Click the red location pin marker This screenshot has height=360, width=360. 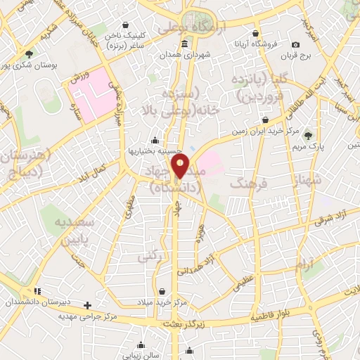(x=181, y=166)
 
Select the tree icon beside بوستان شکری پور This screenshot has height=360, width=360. (x=28, y=54)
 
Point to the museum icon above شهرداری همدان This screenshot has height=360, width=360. (x=184, y=44)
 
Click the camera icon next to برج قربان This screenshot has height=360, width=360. (x=296, y=44)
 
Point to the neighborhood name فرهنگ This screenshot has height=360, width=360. (x=246, y=184)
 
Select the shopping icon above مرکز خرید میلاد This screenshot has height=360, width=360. (x=162, y=291)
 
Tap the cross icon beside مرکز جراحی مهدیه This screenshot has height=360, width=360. (x=87, y=305)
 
